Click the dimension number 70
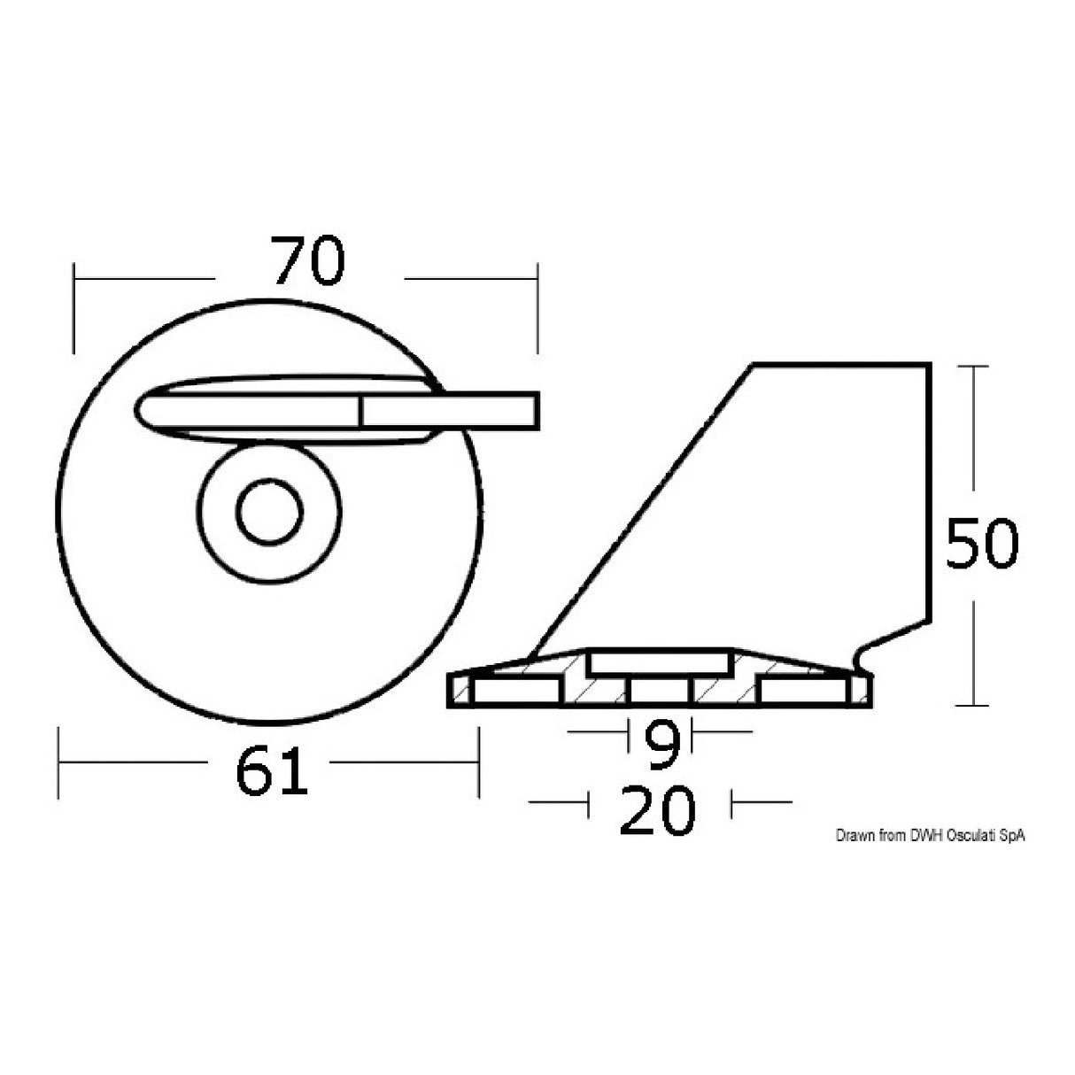pyautogui.click(x=307, y=261)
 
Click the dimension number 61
pyautogui.click(x=272, y=770)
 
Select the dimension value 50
pyautogui.click(x=982, y=545)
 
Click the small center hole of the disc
pyautogui.click(x=269, y=512)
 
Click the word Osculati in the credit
pyautogui.click(x=971, y=836)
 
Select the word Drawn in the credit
pyautogui.click(x=854, y=836)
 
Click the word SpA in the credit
pyautogui.click(x=1012, y=836)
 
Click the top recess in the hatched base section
pyautogui.click(x=658, y=663)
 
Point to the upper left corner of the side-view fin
pyautogui.click(x=754, y=364)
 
